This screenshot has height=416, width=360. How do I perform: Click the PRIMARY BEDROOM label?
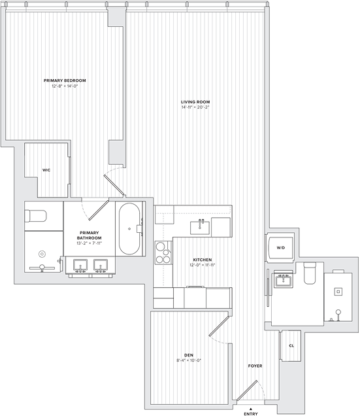pos(65,80)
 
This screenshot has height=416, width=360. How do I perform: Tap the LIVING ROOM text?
pos(195,102)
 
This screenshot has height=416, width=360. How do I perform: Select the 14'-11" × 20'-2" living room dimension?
pos(195,108)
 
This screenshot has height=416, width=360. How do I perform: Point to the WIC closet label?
pos(46,170)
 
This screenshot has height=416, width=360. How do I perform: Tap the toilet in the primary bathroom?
pos(37,216)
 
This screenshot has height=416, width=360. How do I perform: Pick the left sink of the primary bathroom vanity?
pos(80,266)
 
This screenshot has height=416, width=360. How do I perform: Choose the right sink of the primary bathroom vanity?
pos(101,266)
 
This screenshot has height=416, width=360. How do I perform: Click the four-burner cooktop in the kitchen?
pos(163,252)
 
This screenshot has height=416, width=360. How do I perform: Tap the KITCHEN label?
pos(202,259)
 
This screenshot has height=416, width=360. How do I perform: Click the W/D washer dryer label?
pos(280,248)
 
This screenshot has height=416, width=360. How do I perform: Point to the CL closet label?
pos(291,345)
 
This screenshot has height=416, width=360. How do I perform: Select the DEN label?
pos(189,355)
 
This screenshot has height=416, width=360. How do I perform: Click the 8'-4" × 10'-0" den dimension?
pos(189,360)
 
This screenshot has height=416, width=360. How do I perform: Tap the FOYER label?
pos(255,366)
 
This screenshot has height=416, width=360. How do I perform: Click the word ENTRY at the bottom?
pos(250,413)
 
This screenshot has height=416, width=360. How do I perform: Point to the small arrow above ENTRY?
pos(250,407)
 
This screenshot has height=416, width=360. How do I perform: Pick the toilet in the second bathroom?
pos(310,272)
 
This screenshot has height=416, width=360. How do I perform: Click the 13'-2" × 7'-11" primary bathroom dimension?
pos(90,243)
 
